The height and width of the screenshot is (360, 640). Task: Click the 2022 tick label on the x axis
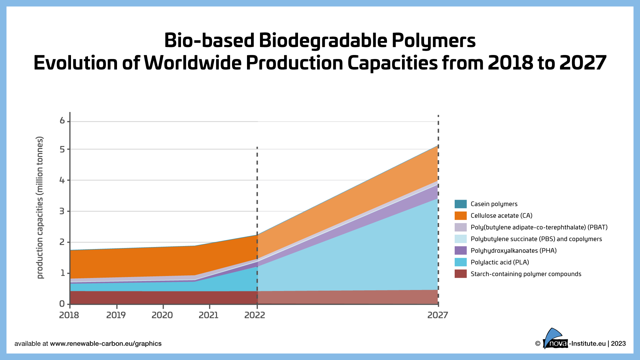pos(255,315)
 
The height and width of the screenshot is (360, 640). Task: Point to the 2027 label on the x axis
pos(438,315)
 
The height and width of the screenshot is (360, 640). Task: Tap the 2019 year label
pos(116,315)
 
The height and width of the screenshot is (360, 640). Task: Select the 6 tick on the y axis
pos(62,121)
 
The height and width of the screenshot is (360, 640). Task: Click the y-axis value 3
pos(62,211)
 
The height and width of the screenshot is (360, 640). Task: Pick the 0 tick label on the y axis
pos(62,304)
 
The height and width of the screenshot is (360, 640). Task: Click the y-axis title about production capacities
pos(40,207)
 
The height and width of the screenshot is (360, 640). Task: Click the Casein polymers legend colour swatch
pos(460,204)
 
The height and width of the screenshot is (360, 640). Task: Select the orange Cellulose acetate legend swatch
pos(460,216)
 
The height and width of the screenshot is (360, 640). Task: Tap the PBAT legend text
pos(539,227)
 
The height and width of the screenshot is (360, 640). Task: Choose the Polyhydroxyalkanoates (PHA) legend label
pos(513,251)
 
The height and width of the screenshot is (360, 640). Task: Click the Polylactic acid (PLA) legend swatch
pos(460,262)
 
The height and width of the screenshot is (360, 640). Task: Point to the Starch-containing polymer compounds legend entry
pos(526,274)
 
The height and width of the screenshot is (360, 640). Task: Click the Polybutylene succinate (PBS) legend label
pos(536,239)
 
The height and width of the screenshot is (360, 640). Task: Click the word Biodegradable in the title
pos(323,41)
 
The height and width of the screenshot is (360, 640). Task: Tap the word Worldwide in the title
pos(193,63)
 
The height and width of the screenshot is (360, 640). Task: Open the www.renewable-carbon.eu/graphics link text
pos(106,344)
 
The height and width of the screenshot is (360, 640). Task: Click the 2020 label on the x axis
pos(162,315)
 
